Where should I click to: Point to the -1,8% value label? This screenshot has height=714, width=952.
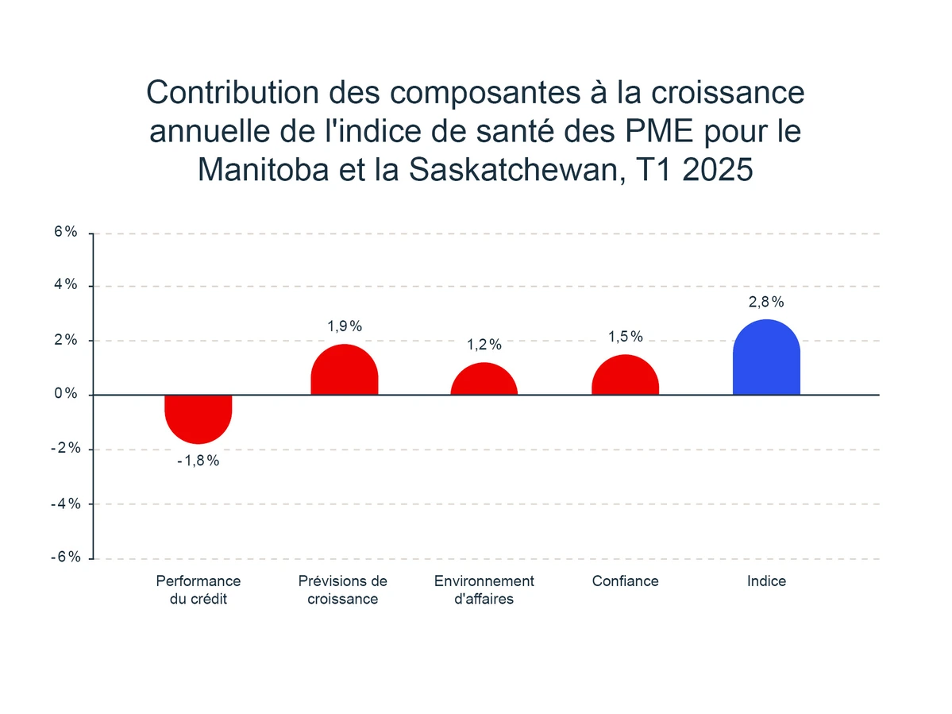coord(198,461)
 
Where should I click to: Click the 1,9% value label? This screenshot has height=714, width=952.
coord(344,326)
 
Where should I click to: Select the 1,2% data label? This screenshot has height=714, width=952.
coord(484,345)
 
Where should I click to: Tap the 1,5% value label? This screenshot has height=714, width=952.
coord(625,337)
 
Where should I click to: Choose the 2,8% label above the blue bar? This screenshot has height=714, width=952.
coord(765,302)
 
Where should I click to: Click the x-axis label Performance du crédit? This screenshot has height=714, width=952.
coord(198,589)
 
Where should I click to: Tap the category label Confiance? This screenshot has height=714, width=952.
coord(625,581)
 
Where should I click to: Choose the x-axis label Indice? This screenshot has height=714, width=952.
coord(765,581)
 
